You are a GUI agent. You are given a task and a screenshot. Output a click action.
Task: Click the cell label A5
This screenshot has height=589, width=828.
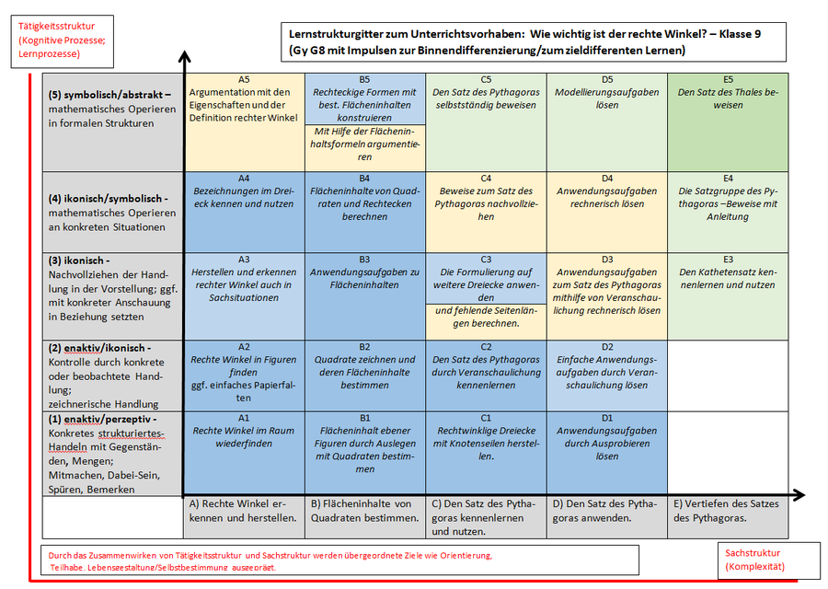(244, 80)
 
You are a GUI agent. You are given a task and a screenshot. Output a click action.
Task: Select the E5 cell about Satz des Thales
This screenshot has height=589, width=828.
(728, 98)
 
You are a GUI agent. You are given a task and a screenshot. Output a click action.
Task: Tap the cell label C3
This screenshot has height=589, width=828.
(486, 260)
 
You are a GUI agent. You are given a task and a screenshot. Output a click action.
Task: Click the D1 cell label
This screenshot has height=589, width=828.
(607, 418)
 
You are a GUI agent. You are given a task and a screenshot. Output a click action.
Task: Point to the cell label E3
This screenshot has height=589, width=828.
(728, 260)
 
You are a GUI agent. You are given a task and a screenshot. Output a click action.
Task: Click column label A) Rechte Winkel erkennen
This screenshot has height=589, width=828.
(243, 510)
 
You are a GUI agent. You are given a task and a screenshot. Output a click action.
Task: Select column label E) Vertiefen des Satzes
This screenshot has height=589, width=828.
(727, 510)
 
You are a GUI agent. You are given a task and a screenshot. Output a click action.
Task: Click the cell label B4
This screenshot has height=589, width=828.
(364, 179)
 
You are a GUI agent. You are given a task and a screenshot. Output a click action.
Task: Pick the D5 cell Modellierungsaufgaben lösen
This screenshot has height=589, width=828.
(607, 98)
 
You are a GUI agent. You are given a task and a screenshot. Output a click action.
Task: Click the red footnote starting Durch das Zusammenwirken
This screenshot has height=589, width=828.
(270, 560)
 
